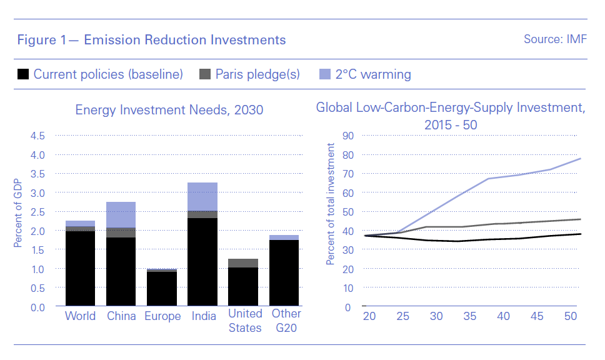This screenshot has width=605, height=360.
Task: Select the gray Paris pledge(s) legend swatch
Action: tap(205, 74)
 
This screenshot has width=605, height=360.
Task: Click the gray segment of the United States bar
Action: tap(243, 263)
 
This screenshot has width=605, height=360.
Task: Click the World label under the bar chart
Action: tap(80, 316)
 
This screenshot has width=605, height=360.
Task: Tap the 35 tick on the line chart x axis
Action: tap(469, 316)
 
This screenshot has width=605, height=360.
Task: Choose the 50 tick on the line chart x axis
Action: tap(570, 316)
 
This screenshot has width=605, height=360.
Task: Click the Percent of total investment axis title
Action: tap(330, 204)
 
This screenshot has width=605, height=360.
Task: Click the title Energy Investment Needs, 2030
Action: tap(169, 110)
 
